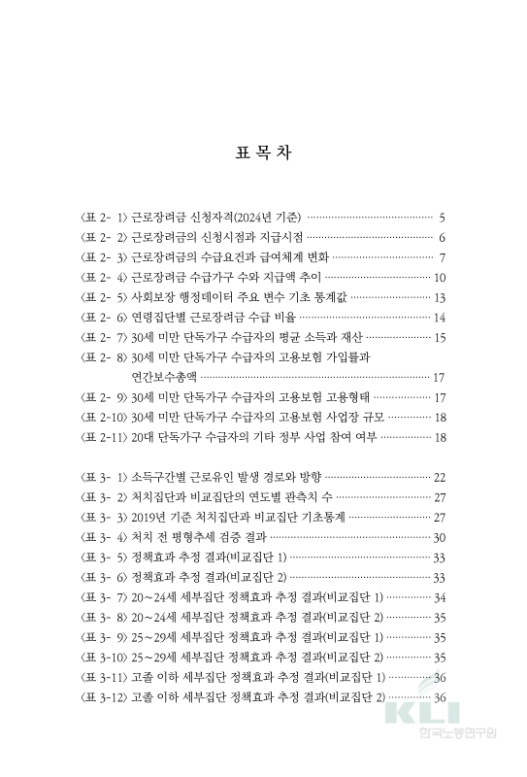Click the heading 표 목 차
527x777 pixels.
tap(263, 153)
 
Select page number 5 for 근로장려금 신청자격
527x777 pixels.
tap(442, 217)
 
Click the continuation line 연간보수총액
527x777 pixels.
tap(163, 377)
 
